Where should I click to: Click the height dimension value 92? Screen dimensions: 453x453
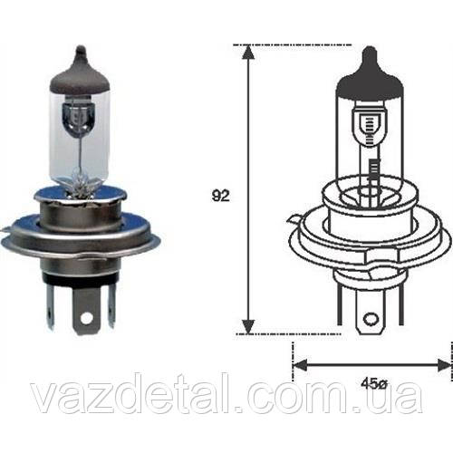[220, 197]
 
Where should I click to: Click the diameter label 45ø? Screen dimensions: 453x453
[374, 384]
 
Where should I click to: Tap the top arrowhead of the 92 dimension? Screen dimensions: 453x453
[248, 52]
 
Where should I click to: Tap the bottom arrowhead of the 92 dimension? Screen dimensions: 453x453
[248, 326]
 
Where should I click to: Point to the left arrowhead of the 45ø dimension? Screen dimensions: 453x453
[300, 364]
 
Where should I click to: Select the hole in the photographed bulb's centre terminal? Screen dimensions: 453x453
[87, 317]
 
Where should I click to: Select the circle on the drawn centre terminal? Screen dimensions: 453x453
[371, 319]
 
